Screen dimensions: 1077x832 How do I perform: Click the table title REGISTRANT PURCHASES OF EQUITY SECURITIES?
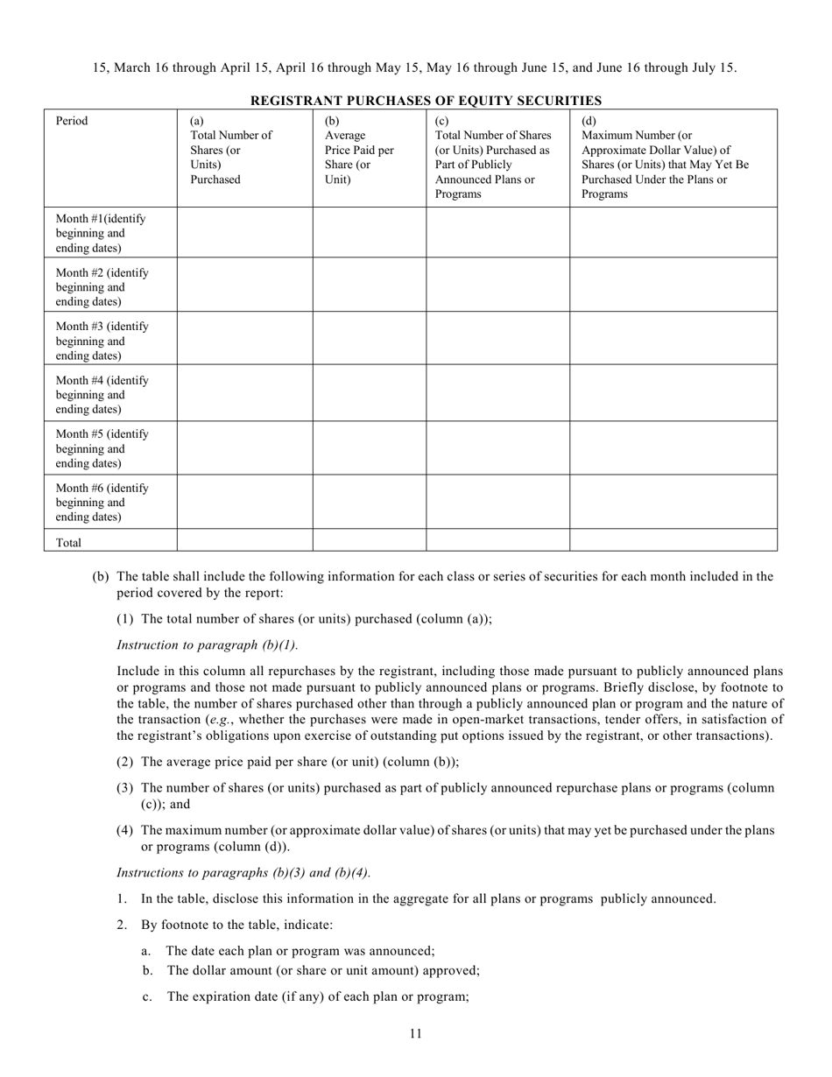click(x=426, y=101)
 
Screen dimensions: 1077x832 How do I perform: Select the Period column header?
click(x=72, y=121)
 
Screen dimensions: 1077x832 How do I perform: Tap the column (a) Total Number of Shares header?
click(x=230, y=151)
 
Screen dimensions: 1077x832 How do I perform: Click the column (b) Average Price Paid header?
click(x=359, y=151)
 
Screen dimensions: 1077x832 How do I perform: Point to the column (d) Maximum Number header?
click(x=665, y=158)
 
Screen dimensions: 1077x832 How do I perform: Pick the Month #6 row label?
click(x=102, y=502)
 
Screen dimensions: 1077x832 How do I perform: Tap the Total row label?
click(x=69, y=542)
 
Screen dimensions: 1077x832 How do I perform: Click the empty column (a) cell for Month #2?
click(x=245, y=285)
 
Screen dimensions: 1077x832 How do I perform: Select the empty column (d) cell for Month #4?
click(x=673, y=392)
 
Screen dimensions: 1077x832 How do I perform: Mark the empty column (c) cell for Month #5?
click(x=497, y=447)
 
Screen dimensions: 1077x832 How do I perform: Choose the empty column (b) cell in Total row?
click(x=369, y=540)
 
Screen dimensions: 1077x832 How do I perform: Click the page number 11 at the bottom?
click(x=415, y=1033)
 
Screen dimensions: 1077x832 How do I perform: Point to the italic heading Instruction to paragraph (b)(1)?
click(x=207, y=644)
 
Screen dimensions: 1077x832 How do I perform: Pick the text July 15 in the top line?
click(x=713, y=67)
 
